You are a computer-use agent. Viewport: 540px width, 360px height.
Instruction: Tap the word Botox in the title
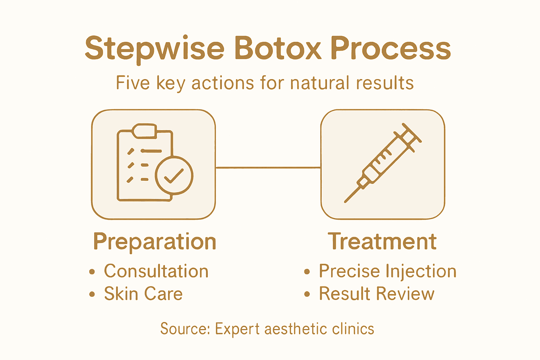coord(278,48)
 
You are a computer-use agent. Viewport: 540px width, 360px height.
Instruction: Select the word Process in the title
coord(391,48)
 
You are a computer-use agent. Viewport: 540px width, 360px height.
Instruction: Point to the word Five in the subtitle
coord(133,83)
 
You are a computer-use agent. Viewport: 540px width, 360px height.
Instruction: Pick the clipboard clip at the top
coord(144,130)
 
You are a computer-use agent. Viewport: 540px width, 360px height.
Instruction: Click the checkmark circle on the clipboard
coord(174,175)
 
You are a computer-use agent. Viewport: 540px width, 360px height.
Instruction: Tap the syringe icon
coord(383,163)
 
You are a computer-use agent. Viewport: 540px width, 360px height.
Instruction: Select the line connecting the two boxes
coord(268,168)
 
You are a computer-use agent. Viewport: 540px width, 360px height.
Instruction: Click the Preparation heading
coord(155,242)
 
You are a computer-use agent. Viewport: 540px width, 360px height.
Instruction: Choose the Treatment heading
coord(382,242)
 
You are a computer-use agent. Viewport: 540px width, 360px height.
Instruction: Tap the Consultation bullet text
coord(156,271)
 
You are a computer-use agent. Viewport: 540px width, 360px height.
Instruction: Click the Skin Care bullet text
coord(143,294)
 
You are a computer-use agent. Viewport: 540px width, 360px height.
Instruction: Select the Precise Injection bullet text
coord(387,271)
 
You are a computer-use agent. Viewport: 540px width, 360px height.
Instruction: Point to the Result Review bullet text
coord(377,294)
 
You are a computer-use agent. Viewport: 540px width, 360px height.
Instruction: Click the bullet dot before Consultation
coord(92,272)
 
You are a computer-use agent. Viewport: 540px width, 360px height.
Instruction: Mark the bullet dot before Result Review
coord(307,294)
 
